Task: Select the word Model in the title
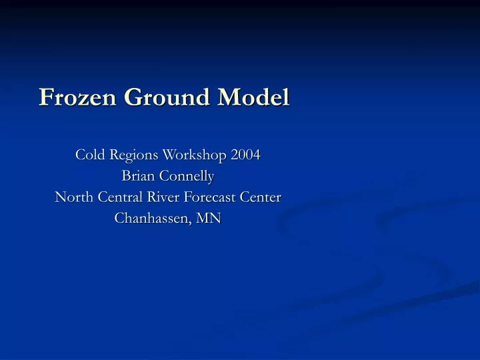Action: coord(256,97)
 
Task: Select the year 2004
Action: coord(245,155)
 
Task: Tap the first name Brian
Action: coord(137,176)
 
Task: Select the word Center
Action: coord(261,197)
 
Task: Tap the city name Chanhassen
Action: coord(152,218)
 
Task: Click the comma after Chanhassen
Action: coord(193,223)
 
